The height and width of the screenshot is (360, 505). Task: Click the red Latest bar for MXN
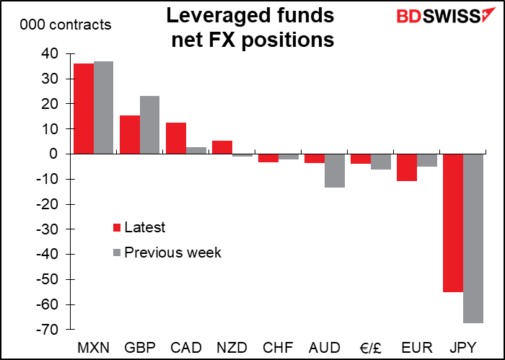point(84,109)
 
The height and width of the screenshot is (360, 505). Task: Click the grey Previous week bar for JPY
point(473,238)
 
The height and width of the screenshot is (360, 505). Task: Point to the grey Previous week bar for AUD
point(334,170)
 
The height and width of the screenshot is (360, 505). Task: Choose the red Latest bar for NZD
point(222,147)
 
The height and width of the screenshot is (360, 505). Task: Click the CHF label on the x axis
point(278,347)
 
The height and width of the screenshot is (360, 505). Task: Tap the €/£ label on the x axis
point(370,347)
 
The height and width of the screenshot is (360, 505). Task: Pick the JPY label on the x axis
point(463,347)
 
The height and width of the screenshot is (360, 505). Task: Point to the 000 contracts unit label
point(66,25)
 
